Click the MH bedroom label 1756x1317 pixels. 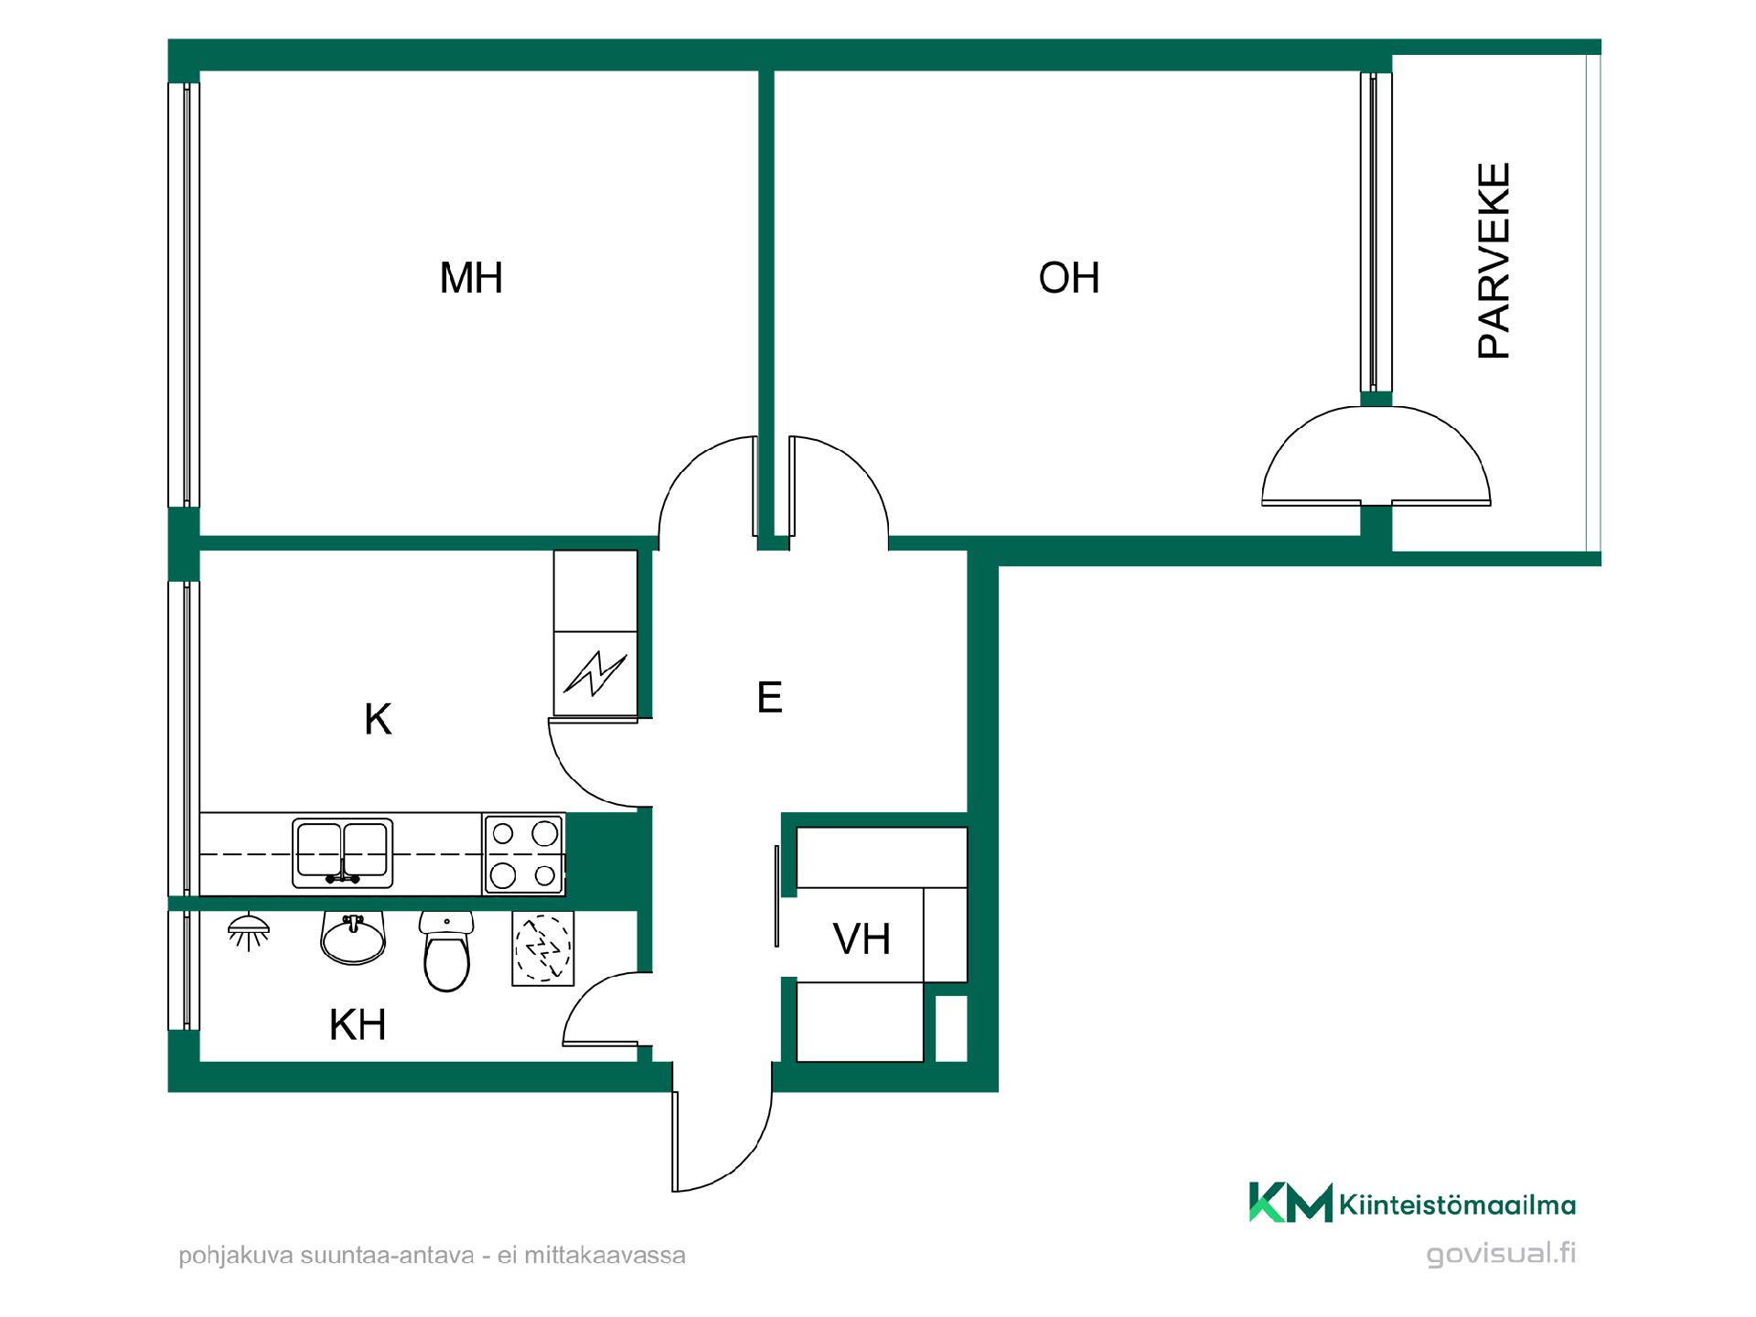(471, 277)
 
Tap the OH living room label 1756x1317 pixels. (1069, 277)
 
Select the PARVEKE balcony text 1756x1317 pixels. (1494, 261)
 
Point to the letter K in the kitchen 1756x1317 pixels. (378, 720)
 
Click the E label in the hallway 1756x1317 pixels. (769, 698)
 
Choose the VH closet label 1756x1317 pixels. (862, 939)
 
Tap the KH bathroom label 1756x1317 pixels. (358, 1025)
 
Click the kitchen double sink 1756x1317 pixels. (343, 853)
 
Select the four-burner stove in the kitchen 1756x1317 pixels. (523, 854)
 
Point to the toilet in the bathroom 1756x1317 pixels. (446, 951)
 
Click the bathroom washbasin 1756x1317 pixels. (353, 939)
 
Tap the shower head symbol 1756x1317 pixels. (249, 931)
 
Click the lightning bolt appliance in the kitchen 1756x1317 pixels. (596, 673)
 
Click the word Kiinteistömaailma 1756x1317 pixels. (1458, 1205)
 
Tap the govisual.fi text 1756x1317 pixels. (1502, 1253)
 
